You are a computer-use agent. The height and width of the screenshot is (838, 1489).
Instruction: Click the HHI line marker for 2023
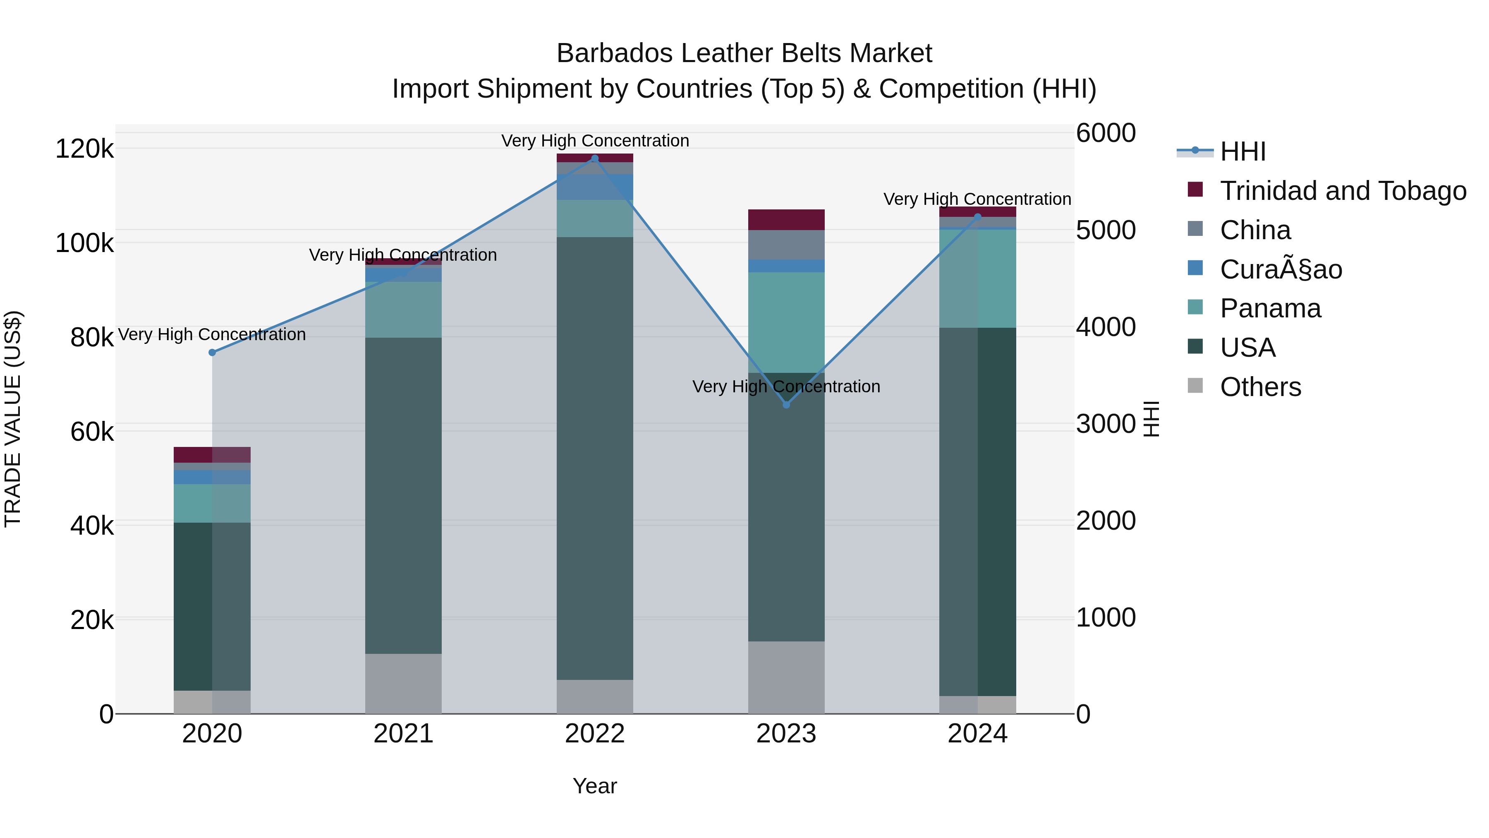(786, 405)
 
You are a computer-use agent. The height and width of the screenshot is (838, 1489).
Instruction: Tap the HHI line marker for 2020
(212, 353)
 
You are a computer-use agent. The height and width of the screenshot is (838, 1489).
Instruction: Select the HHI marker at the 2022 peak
(595, 158)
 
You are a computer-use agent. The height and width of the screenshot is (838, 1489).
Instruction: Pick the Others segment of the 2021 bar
(403, 684)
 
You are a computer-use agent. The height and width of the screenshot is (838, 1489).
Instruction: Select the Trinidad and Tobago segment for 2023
(786, 220)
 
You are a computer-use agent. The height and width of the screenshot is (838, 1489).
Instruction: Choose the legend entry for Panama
(1270, 308)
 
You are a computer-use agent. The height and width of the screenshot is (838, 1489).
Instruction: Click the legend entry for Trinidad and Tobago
(1342, 191)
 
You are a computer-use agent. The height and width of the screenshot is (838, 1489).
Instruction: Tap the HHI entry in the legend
(1243, 151)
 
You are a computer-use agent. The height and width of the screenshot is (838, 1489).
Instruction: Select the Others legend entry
(1260, 387)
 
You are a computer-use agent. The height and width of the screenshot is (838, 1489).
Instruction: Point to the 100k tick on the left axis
(84, 243)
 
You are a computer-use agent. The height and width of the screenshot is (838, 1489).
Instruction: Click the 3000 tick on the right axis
(1105, 424)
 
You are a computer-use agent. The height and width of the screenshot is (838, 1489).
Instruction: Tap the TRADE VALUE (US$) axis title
(13, 419)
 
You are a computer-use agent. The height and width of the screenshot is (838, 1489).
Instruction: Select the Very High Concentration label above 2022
(595, 141)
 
